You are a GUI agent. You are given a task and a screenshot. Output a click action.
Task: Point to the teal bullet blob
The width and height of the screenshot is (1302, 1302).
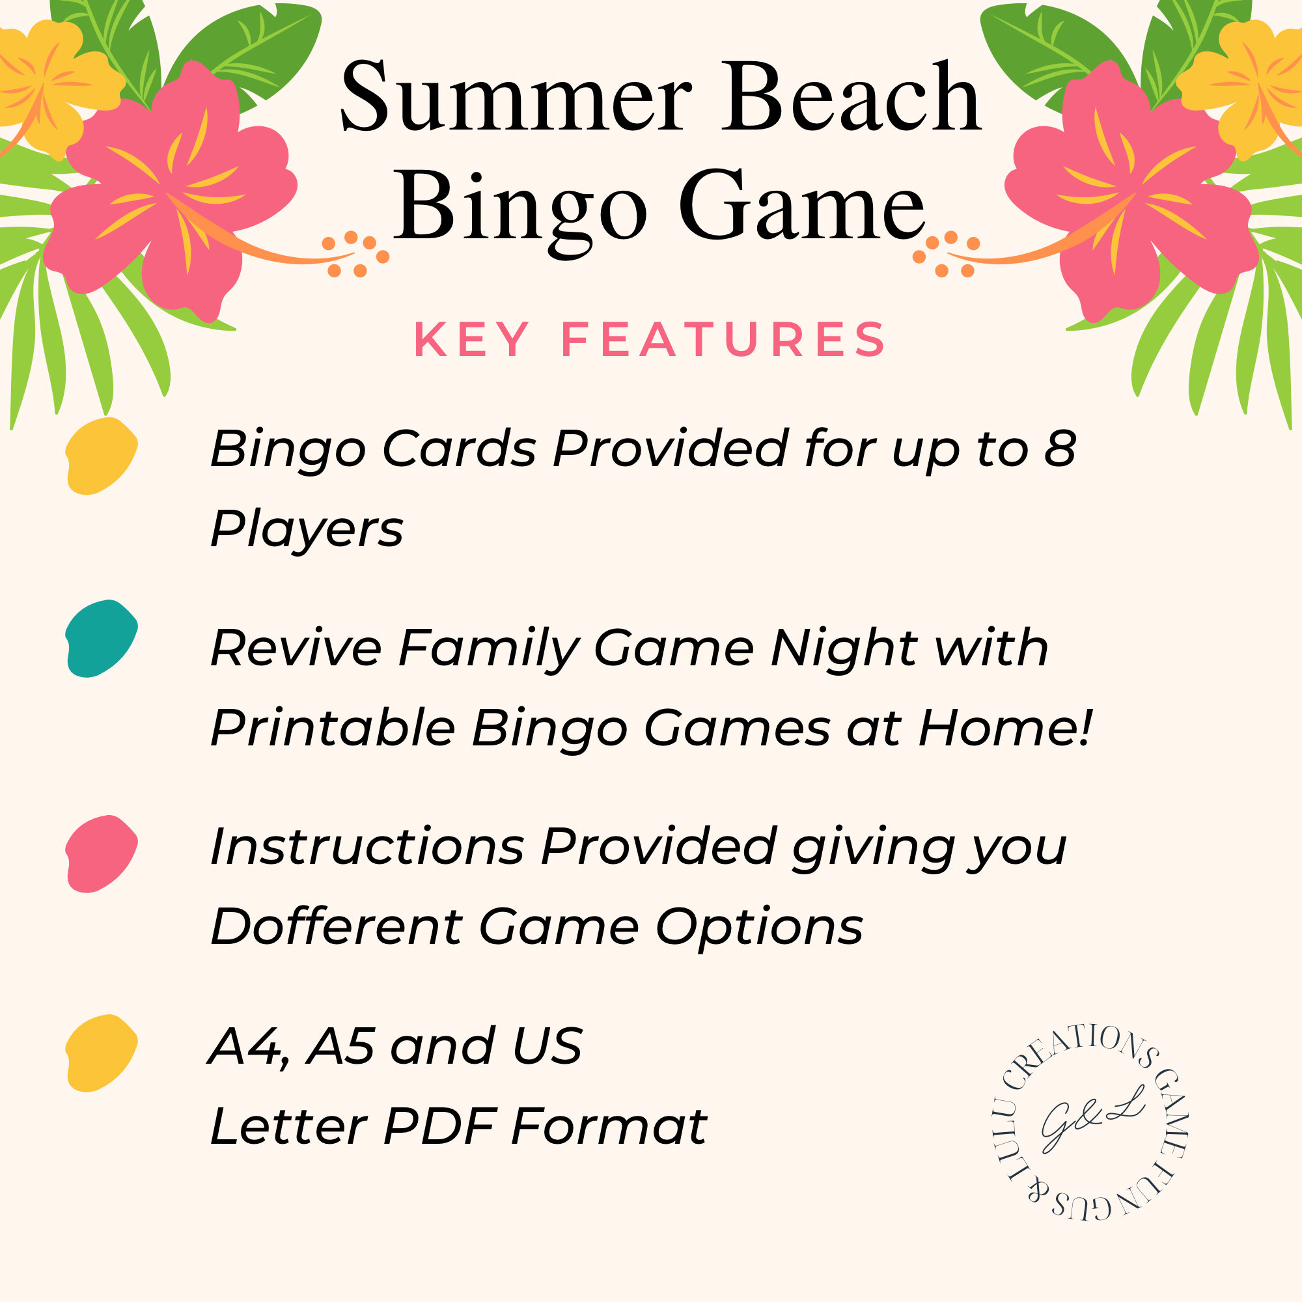pyautogui.click(x=101, y=638)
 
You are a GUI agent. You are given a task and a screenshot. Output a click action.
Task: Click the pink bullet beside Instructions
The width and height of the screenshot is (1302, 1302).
pyautogui.click(x=101, y=854)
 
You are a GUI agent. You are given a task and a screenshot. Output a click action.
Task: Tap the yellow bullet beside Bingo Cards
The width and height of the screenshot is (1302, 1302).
pyautogui.click(x=101, y=456)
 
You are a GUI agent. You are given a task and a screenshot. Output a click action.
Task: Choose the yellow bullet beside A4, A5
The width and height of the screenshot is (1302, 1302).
pyautogui.click(x=101, y=1053)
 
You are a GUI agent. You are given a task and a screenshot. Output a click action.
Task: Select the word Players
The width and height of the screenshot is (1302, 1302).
pyautogui.click(x=307, y=530)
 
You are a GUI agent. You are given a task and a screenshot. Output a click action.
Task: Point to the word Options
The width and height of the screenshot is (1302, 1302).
pyautogui.click(x=760, y=927)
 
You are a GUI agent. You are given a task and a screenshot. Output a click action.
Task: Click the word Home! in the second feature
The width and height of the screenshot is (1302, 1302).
pyautogui.click(x=1004, y=728)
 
